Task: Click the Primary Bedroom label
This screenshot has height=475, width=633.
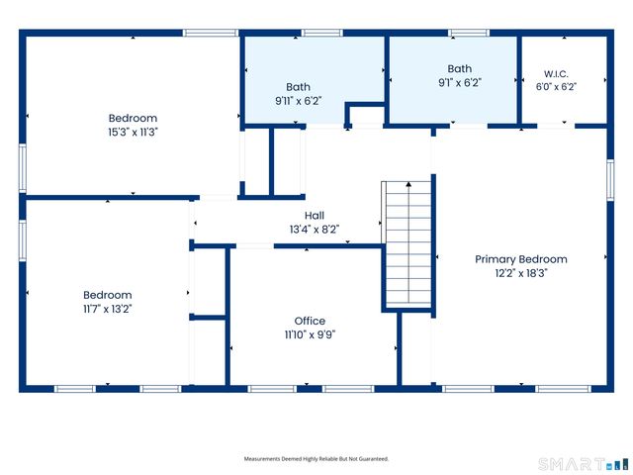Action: tap(521, 259)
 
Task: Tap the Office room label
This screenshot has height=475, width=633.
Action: tap(310, 321)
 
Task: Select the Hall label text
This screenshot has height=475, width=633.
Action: tap(315, 216)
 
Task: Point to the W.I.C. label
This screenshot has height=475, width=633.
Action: tap(556, 74)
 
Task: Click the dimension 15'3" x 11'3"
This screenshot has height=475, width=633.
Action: tap(133, 132)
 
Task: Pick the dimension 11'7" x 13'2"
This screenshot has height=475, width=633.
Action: tap(108, 309)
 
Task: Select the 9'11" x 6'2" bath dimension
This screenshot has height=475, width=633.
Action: tap(299, 101)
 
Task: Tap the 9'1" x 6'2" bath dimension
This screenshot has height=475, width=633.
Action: tap(460, 83)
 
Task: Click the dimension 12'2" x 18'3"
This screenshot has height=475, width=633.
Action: tap(521, 273)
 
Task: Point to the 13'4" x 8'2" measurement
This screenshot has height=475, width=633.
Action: tap(315, 230)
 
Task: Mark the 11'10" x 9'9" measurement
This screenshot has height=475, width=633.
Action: tap(310, 334)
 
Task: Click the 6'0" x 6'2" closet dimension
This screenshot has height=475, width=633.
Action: tap(556, 87)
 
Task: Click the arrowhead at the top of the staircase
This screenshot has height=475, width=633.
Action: tap(408, 184)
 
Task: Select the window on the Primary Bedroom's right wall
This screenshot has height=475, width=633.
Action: tap(610, 180)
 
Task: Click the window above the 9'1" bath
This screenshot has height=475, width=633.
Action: tap(469, 33)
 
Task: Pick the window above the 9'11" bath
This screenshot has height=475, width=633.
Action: tap(322, 33)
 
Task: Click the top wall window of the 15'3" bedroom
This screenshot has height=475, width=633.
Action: tap(211, 33)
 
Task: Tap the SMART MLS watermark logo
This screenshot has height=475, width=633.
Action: tap(584, 464)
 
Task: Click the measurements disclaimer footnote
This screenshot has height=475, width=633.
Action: tap(316, 459)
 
